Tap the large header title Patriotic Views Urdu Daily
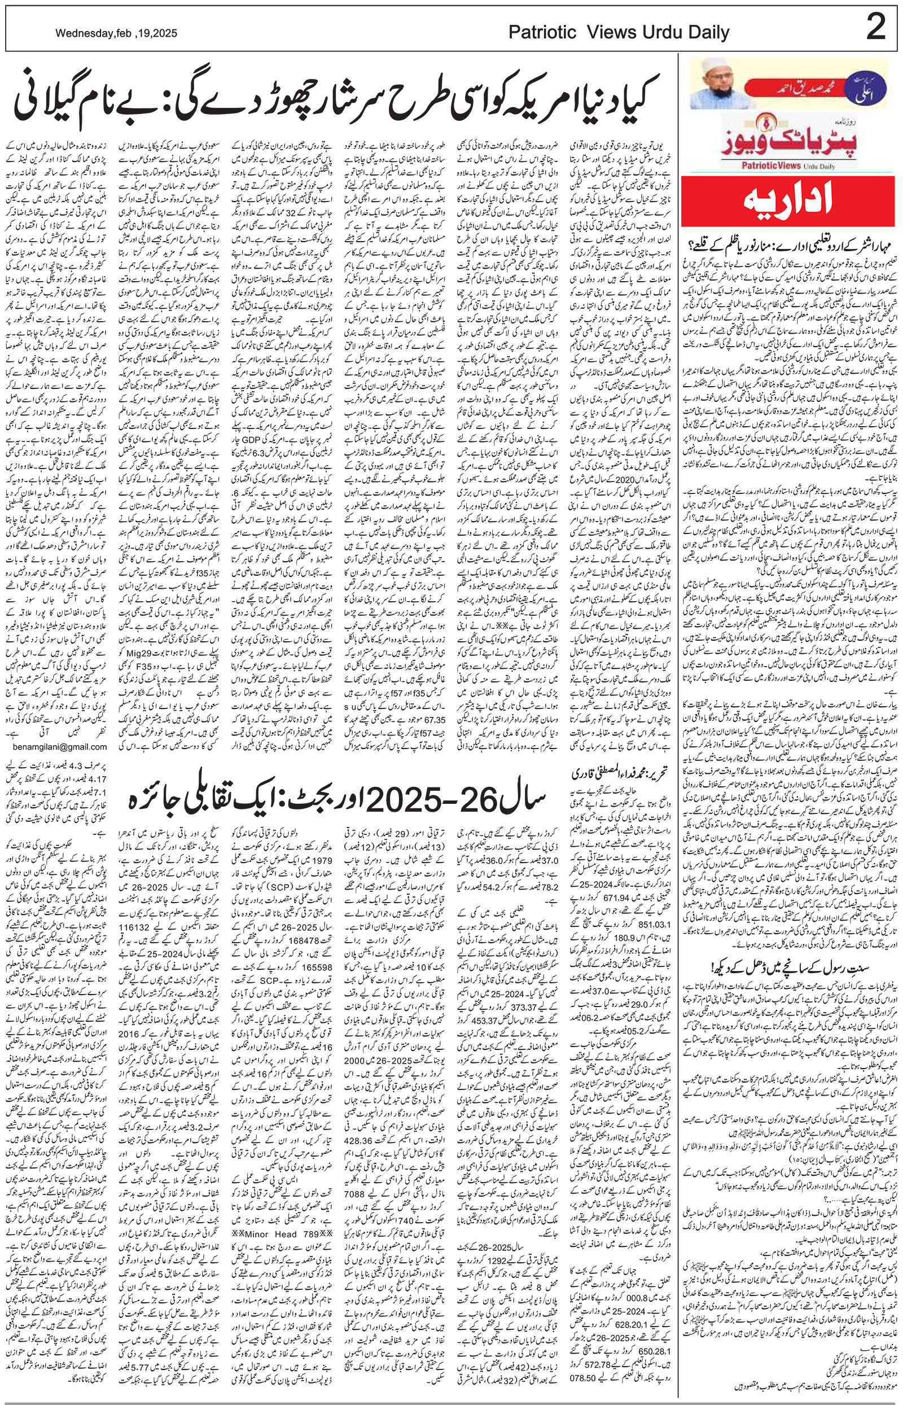coord(619,33)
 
